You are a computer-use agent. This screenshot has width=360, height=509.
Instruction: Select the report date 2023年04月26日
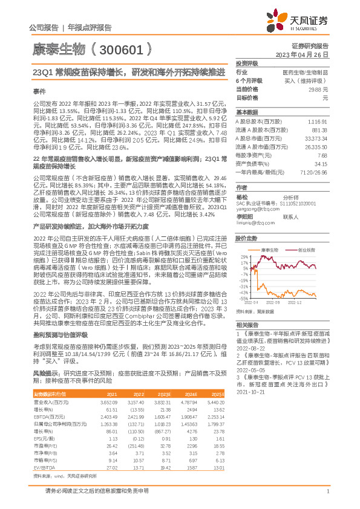click(301, 54)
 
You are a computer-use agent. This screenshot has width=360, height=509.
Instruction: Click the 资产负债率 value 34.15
click(320, 163)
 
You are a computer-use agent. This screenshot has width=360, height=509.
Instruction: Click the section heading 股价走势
click(247, 238)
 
